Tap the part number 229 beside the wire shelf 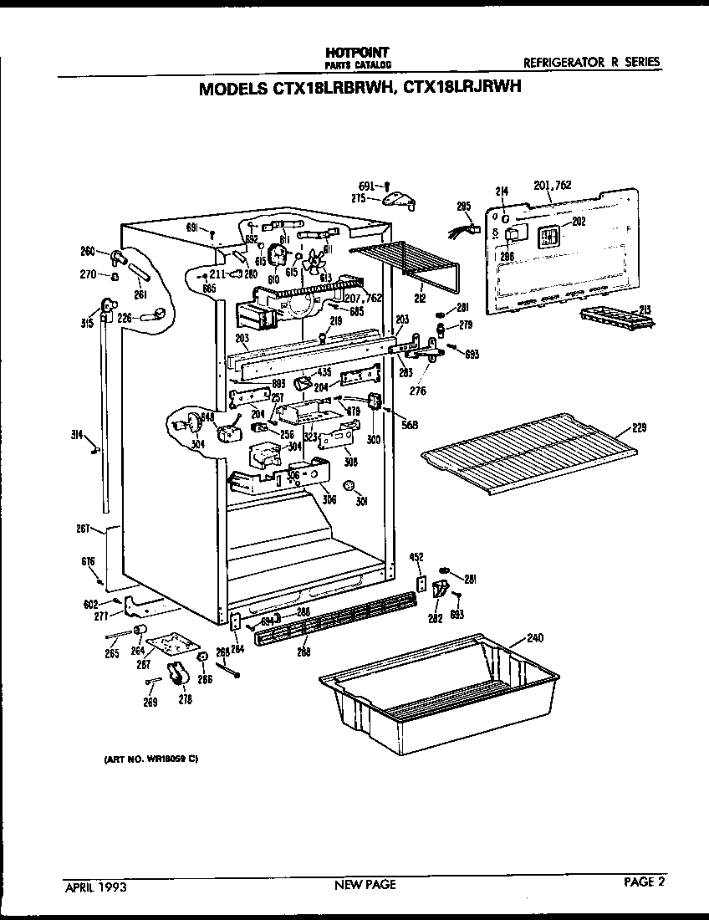point(640,428)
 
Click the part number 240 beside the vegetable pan point(534,637)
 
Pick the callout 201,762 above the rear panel point(552,185)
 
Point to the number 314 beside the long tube point(77,434)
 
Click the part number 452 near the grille point(416,557)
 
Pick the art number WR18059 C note point(150,759)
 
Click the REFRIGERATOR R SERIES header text point(591,62)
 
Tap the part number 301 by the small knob point(362,502)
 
